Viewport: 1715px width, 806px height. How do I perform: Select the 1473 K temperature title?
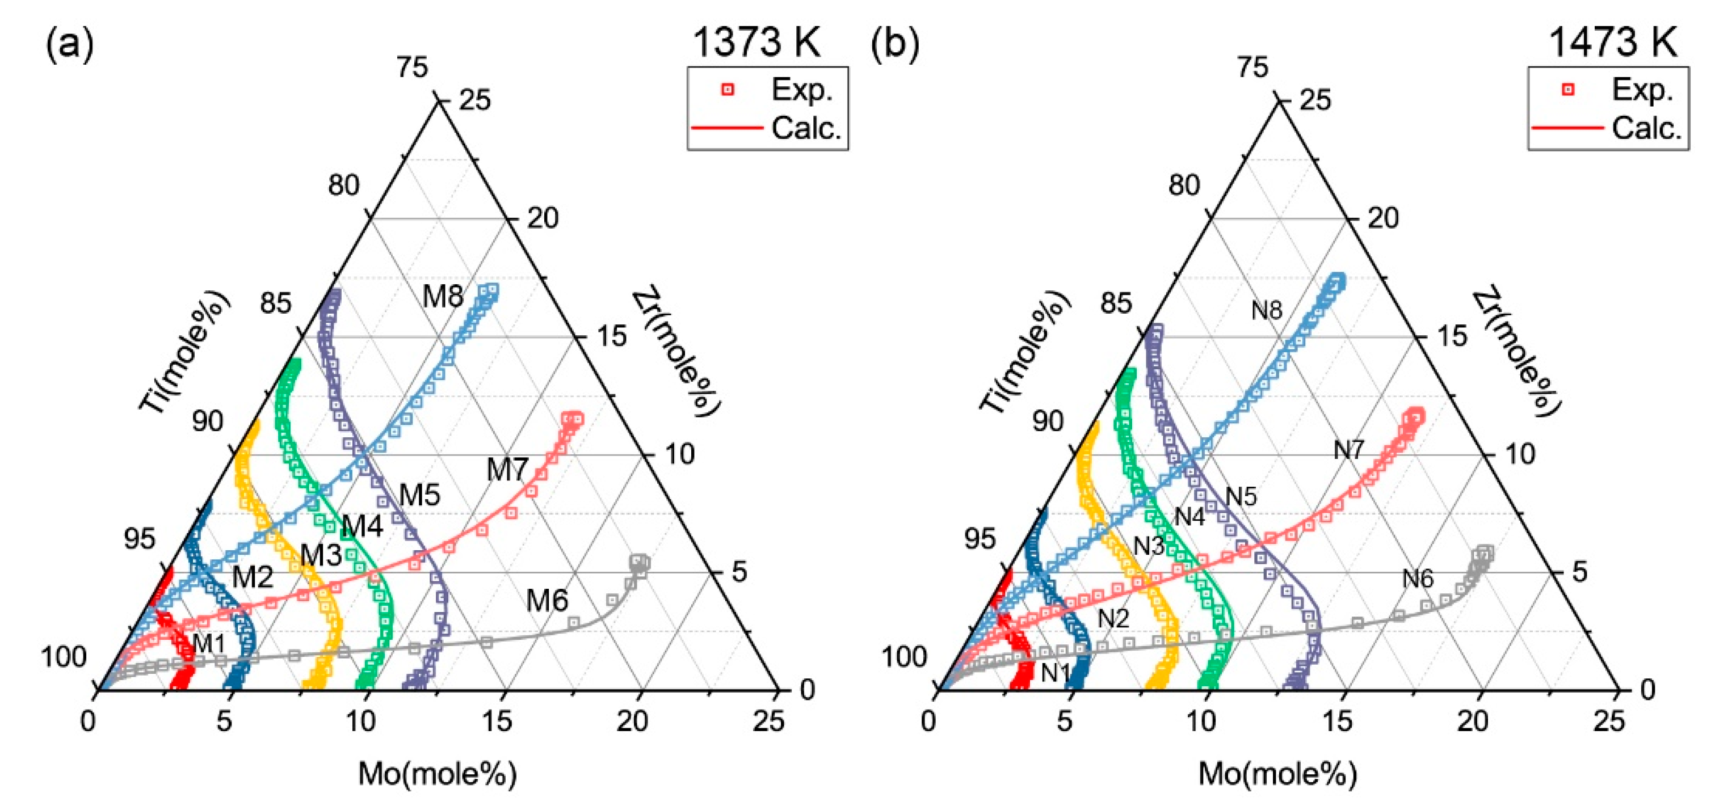(x=1612, y=42)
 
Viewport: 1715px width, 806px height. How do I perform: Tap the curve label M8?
(x=443, y=296)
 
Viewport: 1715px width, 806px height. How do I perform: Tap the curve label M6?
(x=547, y=601)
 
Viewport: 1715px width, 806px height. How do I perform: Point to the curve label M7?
(x=507, y=470)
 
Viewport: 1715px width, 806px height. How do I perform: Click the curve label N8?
(x=1266, y=310)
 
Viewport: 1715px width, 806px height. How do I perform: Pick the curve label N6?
(x=1418, y=579)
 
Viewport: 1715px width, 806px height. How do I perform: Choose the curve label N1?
(x=1056, y=673)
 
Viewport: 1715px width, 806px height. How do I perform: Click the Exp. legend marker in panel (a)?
(x=728, y=89)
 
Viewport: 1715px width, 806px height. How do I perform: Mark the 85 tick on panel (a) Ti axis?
(x=276, y=303)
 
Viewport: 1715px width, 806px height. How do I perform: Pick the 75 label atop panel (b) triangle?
(x=1252, y=67)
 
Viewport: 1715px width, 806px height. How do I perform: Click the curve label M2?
(x=253, y=577)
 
